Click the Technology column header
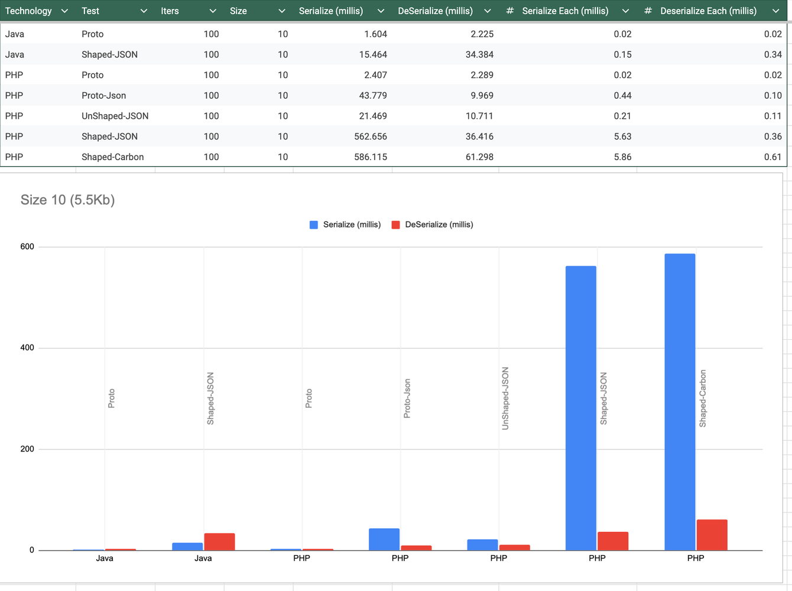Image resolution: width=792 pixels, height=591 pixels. point(28,11)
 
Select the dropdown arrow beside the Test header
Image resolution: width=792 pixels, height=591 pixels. point(144,11)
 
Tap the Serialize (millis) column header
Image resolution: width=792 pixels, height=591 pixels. point(331,11)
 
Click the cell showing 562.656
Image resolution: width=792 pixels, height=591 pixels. point(371,137)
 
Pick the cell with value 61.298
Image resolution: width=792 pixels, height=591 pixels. point(479,157)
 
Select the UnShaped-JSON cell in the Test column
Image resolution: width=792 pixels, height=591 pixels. point(115,116)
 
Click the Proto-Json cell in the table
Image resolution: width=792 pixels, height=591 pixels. point(103,96)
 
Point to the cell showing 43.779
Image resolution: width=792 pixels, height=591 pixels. point(372,96)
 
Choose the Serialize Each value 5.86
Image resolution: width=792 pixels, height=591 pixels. point(622,157)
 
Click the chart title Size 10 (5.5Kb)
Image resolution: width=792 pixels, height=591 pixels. point(67,200)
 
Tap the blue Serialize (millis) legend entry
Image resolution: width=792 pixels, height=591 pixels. point(345,225)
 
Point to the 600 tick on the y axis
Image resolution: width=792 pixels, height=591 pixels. point(27,246)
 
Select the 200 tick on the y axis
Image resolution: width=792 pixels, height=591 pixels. point(27,449)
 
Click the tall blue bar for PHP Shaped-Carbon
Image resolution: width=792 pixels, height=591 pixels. point(680,402)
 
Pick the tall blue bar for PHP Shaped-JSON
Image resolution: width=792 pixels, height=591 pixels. point(580,408)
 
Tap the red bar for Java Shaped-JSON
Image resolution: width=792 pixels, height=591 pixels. point(219,541)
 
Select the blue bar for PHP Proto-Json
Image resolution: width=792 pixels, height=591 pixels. point(384,539)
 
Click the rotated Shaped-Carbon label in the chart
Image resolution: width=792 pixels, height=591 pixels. point(703,398)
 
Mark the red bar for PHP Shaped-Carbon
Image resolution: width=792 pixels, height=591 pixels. point(712,535)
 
